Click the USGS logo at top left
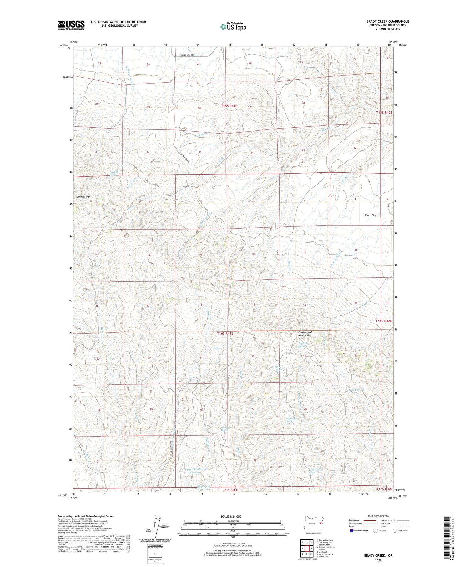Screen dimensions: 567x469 pyautogui.click(x=71, y=25)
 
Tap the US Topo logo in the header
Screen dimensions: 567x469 pyautogui.click(x=233, y=27)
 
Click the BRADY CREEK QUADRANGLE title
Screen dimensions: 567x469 pyautogui.click(x=388, y=21)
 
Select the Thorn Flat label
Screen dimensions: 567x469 pyautogui.click(x=370, y=215)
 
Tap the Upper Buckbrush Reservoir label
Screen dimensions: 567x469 pyautogui.click(x=195, y=471)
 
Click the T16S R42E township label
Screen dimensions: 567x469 pyautogui.click(x=384, y=321)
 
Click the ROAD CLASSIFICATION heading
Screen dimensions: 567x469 pyautogui.click(x=378, y=516)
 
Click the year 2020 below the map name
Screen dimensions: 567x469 pyautogui.click(x=378, y=561)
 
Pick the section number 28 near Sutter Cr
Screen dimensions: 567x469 pyautogui.click(x=199, y=108)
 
